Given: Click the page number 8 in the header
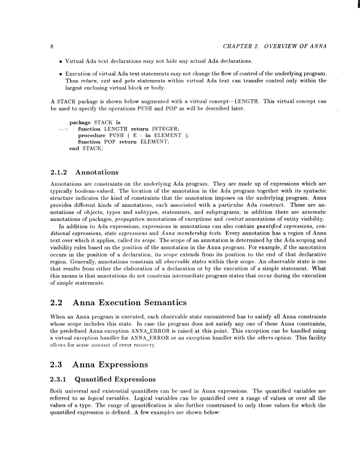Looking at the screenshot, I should click(53, 46).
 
